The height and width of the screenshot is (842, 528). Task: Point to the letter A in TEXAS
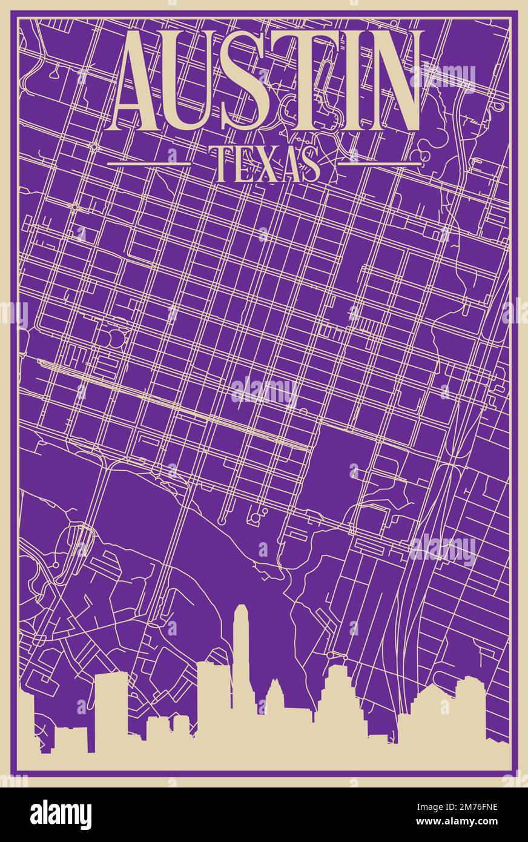click(289, 164)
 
